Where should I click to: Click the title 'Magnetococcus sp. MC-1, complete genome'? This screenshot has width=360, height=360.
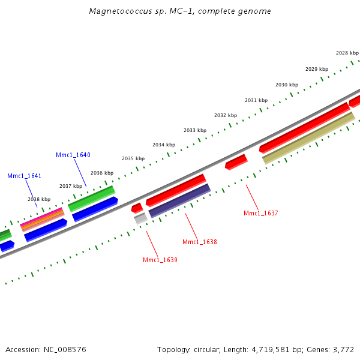(x=179, y=11)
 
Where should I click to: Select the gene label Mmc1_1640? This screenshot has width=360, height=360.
(x=73, y=155)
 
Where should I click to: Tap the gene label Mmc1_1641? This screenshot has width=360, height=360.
(x=25, y=176)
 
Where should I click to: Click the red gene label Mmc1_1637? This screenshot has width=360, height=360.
(x=260, y=213)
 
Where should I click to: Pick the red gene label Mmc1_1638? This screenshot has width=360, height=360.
(x=200, y=242)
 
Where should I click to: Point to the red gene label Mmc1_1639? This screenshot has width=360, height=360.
(x=160, y=260)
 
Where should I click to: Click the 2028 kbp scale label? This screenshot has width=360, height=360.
(x=347, y=53)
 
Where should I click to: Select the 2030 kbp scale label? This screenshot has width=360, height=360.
(x=286, y=85)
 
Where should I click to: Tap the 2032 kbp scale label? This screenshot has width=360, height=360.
(x=226, y=115)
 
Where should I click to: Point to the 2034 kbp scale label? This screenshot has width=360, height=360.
(x=164, y=145)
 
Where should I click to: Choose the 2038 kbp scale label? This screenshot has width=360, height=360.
(x=39, y=199)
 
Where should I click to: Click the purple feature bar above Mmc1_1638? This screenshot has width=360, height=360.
(x=180, y=200)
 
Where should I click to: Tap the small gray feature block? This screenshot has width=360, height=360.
(x=140, y=218)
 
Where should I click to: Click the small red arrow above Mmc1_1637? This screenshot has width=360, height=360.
(x=236, y=161)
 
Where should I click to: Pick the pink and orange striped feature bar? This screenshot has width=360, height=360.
(x=42, y=219)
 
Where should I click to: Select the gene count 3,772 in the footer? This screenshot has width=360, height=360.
(x=344, y=349)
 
